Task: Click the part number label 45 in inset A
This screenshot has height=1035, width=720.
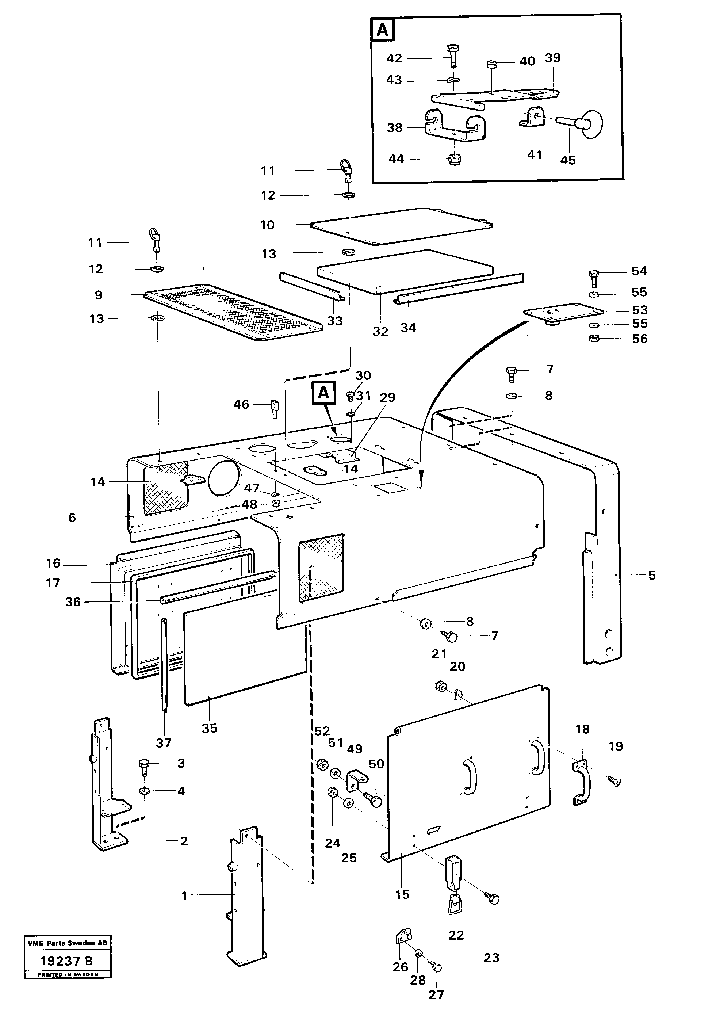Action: (x=567, y=160)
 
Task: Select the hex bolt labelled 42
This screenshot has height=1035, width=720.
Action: (x=452, y=56)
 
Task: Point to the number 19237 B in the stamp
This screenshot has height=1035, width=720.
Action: (x=67, y=961)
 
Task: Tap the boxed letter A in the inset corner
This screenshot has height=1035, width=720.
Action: (x=382, y=30)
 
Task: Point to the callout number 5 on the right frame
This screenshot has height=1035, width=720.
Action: (x=651, y=575)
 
